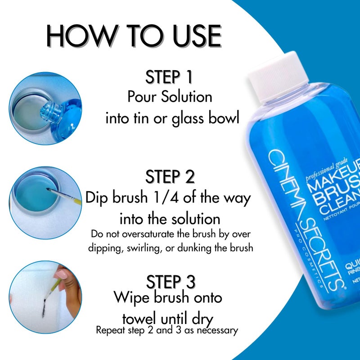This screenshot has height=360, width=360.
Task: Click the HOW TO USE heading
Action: pyautogui.click(x=134, y=36)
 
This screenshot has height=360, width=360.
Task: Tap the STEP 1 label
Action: pyautogui.click(x=169, y=77)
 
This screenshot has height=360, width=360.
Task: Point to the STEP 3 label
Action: pyautogui.click(x=170, y=282)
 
